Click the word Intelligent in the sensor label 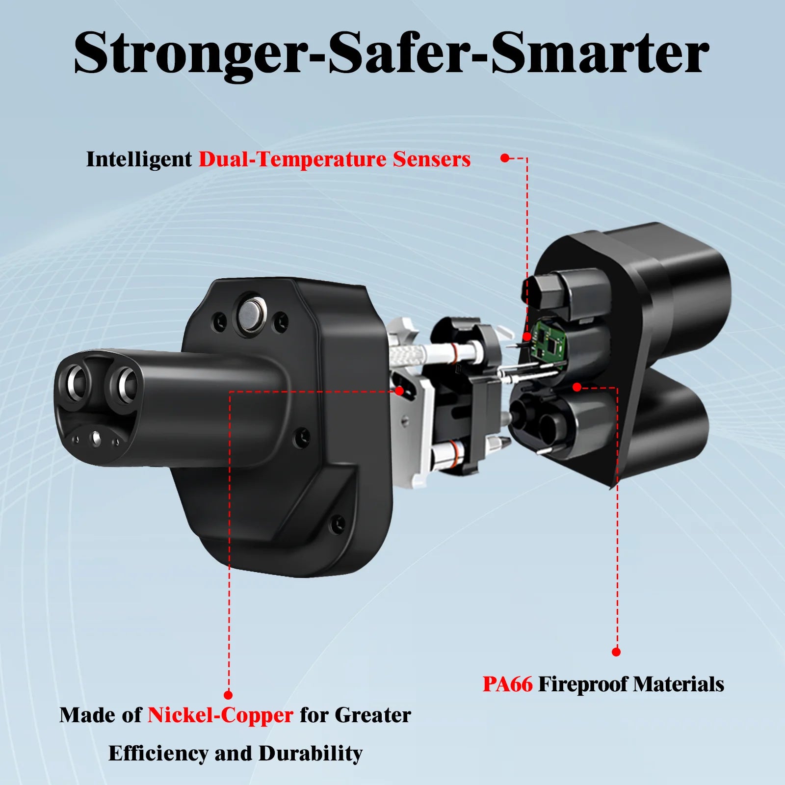[x=139, y=159]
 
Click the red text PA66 [x=507, y=684]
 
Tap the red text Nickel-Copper [x=220, y=715]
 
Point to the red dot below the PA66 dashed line [x=616, y=652]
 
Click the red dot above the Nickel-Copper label [x=228, y=695]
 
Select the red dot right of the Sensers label [x=505, y=158]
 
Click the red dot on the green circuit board [x=527, y=337]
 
